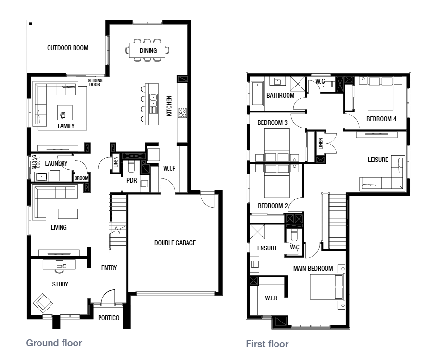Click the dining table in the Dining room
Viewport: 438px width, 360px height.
point(147,50)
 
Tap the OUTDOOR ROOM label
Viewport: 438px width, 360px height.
point(68,48)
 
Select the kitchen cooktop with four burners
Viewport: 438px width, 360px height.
point(182,112)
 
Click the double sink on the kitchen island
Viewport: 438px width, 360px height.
point(153,100)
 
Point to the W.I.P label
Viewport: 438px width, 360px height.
point(170,168)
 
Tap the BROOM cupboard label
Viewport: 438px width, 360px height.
point(81,178)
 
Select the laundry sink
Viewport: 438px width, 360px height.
point(41,176)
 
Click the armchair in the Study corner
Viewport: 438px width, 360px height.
point(43,303)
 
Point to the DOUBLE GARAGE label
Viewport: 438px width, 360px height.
point(175,243)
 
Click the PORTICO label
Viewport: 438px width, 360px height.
point(109,318)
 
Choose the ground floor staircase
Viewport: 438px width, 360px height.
point(118,223)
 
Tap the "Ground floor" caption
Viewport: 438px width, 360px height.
point(54,343)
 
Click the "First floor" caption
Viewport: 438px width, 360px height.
point(267,344)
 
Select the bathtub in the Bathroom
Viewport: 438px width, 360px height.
point(258,94)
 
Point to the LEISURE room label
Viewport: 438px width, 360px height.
point(378,160)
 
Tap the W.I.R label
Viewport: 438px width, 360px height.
point(271,298)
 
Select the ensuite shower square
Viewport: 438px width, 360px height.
point(257,232)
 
